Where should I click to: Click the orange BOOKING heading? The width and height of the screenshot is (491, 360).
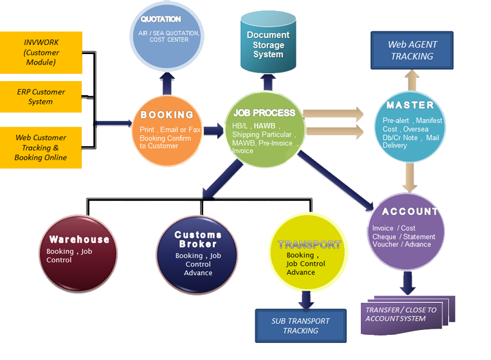tap(167, 115)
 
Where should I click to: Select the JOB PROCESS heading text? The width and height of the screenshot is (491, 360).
tap(265, 113)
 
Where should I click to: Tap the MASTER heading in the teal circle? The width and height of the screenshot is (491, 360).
tap(410, 105)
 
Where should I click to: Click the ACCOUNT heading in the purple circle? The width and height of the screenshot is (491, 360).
tap(410, 211)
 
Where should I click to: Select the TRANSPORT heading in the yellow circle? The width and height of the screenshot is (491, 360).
tap(309, 245)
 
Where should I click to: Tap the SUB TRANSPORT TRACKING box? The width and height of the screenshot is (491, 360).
tap(301, 326)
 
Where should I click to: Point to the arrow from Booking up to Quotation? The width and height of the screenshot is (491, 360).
tap(166, 83)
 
